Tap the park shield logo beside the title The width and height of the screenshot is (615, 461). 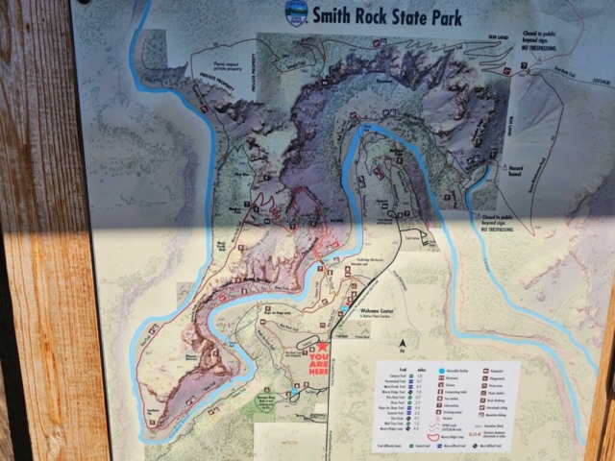pos(297,13)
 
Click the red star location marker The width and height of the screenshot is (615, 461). pos(324,348)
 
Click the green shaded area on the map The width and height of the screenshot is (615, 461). pos(259,408)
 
